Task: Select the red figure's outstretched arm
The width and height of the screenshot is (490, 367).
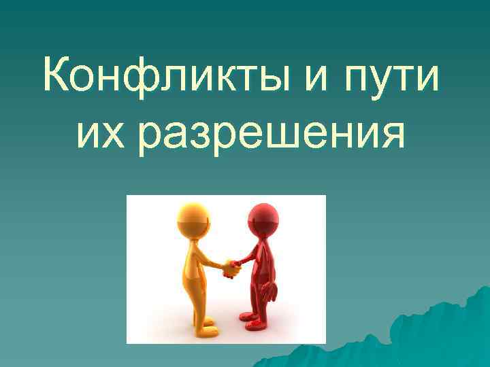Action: point(247,258)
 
